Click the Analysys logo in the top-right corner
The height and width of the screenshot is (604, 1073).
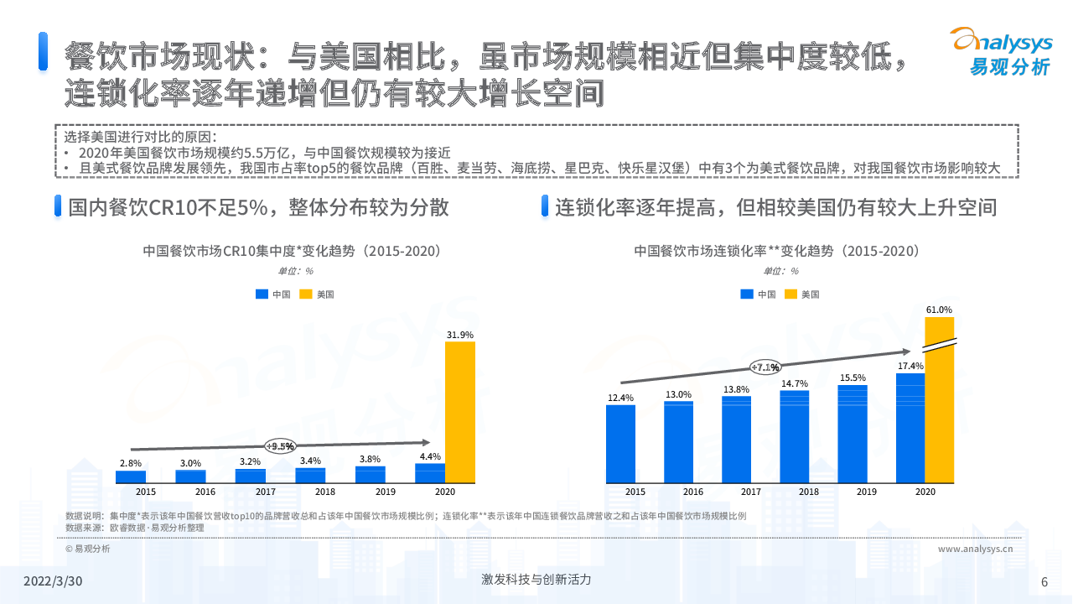[x=999, y=52]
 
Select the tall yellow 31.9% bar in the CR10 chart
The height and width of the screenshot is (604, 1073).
[x=459, y=412]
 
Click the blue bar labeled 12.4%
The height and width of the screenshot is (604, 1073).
[x=620, y=445]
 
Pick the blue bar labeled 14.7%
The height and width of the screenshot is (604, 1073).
[x=795, y=437]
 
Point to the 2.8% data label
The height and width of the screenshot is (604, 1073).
[x=130, y=463]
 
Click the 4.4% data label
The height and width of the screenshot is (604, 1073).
[x=430, y=456]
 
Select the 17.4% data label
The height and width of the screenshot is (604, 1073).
[x=910, y=366]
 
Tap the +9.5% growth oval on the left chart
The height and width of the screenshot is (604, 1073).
[x=280, y=446]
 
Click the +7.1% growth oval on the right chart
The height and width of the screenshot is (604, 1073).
[x=765, y=367]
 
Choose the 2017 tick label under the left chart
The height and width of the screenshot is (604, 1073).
[x=266, y=492]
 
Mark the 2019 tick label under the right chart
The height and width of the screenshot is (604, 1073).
[x=867, y=492]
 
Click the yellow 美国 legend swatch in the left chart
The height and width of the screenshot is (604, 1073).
[x=305, y=294]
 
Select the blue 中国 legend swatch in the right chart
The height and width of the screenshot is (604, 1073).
[x=747, y=294]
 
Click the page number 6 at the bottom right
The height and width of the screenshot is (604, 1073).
[x=1044, y=582]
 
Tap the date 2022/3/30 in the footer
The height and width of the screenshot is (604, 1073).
[x=53, y=581]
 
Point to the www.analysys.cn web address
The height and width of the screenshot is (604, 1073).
[x=975, y=549]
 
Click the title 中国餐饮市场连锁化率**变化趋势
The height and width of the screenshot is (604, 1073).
[x=777, y=251]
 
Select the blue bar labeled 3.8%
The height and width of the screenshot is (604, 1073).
[x=370, y=475]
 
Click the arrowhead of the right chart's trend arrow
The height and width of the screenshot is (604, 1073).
[x=905, y=352]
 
